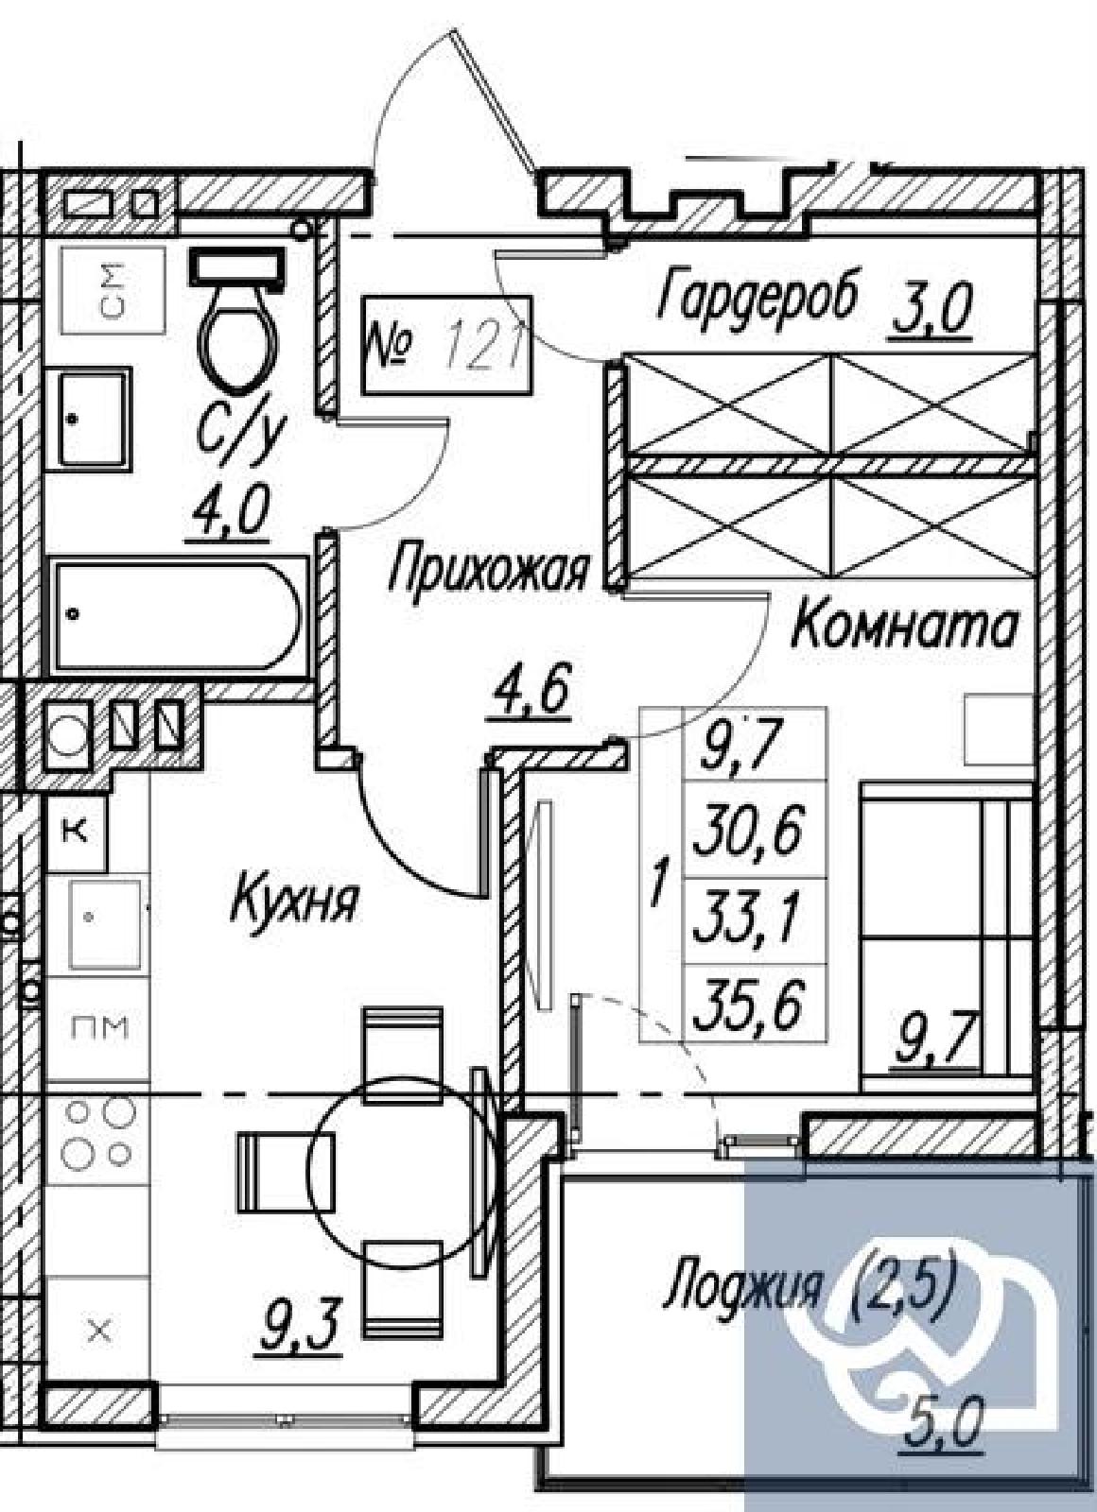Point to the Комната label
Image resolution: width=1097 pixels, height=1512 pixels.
click(904, 627)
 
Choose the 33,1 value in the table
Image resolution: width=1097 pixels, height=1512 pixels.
click(750, 920)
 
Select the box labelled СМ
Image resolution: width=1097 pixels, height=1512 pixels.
click(113, 290)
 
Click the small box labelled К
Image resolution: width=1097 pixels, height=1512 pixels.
click(77, 833)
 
